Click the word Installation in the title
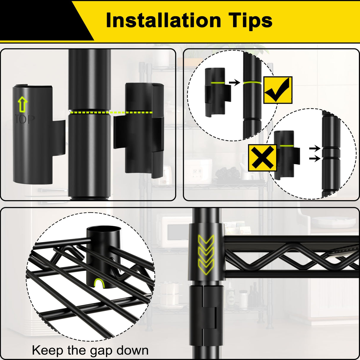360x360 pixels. (163, 20)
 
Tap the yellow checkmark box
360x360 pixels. (278, 90)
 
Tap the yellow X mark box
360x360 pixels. (262, 158)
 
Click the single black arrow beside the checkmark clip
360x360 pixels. (234, 82)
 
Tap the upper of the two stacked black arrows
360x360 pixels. (315, 149)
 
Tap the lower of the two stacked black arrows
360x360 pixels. (315, 159)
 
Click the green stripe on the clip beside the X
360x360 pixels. (286, 146)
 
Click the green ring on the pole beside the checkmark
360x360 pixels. (252, 82)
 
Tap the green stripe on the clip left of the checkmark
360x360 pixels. (218, 82)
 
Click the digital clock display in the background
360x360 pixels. (197, 171)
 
